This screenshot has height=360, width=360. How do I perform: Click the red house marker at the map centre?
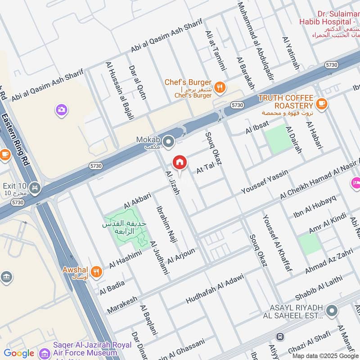click(179, 162)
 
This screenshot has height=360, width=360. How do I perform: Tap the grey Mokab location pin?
click(169, 143)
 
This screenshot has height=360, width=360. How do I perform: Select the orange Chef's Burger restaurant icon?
click(220, 87)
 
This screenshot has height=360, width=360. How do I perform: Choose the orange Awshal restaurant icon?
click(96, 271)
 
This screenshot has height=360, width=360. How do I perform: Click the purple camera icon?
click(61, 109)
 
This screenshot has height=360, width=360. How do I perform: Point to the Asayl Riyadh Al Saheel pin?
click(332, 310)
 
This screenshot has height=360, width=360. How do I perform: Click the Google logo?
click(19, 353)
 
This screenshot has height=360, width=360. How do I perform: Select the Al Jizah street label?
click(173, 183)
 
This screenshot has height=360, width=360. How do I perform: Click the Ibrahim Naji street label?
click(164, 224)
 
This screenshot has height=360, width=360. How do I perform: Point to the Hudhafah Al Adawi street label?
click(214, 288)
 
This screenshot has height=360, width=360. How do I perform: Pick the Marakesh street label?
click(122, 304)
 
